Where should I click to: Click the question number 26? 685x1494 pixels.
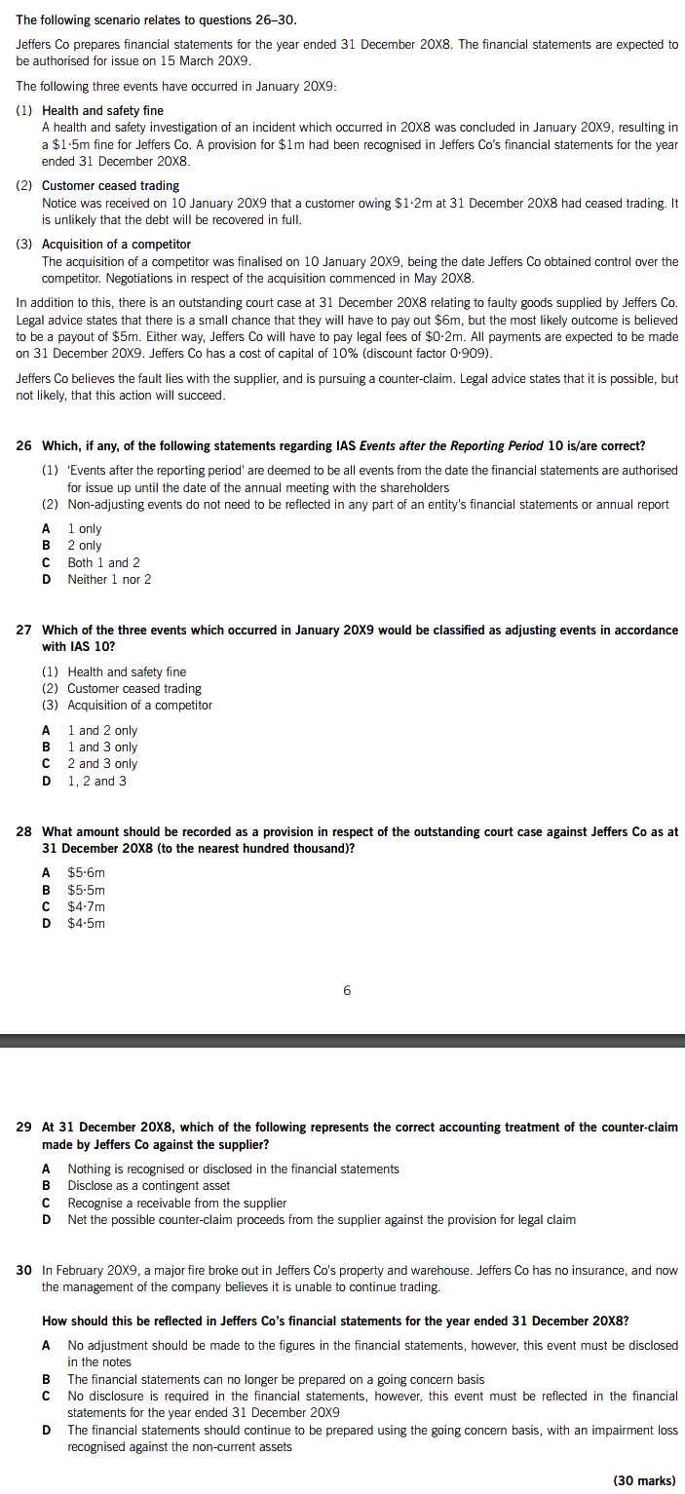[24, 446]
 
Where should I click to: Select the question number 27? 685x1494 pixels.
[24, 631]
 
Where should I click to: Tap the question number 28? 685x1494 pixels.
[24, 832]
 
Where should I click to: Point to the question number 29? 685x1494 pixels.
[24, 1128]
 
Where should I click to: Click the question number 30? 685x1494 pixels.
[24, 1271]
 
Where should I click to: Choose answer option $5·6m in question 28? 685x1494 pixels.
[86, 873]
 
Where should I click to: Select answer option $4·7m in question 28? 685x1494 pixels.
[86, 906]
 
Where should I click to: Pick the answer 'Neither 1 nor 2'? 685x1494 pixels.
[109, 580]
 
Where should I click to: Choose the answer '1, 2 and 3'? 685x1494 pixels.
[96, 781]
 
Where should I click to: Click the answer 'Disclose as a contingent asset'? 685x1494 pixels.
[148, 1186]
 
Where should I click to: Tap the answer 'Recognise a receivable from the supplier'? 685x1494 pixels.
[176, 1204]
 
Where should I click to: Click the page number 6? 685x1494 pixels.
[347, 991]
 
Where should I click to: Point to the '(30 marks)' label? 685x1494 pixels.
[644, 1480]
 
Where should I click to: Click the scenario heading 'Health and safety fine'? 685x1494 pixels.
[102, 111]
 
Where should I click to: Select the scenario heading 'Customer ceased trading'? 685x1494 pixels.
[110, 186]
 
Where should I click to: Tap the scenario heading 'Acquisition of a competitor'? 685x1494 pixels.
[116, 245]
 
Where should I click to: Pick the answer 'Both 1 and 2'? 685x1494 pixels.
[103, 563]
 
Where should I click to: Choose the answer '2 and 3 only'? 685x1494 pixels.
[102, 764]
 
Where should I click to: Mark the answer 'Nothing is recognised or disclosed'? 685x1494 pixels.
[233, 1169]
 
